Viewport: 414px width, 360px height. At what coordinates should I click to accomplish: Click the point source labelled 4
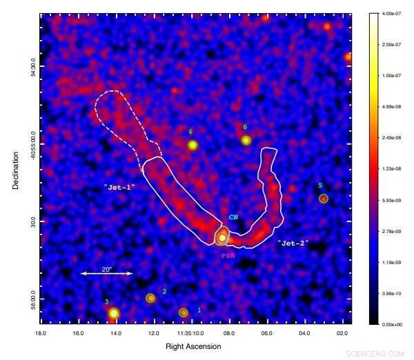click(x=193, y=145)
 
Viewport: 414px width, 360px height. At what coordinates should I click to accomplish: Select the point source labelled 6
click(x=246, y=141)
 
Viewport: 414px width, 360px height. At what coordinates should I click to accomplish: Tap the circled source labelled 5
click(x=323, y=199)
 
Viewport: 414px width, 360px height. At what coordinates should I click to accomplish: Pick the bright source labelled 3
click(x=114, y=314)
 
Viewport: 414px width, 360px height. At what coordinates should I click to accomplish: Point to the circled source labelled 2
click(x=150, y=298)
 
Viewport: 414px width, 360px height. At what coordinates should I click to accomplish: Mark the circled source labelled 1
click(x=184, y=312)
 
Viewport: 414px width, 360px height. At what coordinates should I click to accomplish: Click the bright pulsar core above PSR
click(x=222, y=237)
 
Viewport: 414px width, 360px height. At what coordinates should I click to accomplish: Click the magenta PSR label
click(x=228, y=255)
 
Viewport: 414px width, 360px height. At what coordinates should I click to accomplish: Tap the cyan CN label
click(x=233, y=217)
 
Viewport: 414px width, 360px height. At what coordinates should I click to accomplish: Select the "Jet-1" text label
click(x=119, y=187)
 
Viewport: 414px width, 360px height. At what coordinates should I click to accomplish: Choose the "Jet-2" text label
click(x=293, y=243)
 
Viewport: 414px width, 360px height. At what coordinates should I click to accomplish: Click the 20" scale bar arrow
click(x=106, y=274)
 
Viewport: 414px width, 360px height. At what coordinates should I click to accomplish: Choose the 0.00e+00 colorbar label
click(x=391, y=323)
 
